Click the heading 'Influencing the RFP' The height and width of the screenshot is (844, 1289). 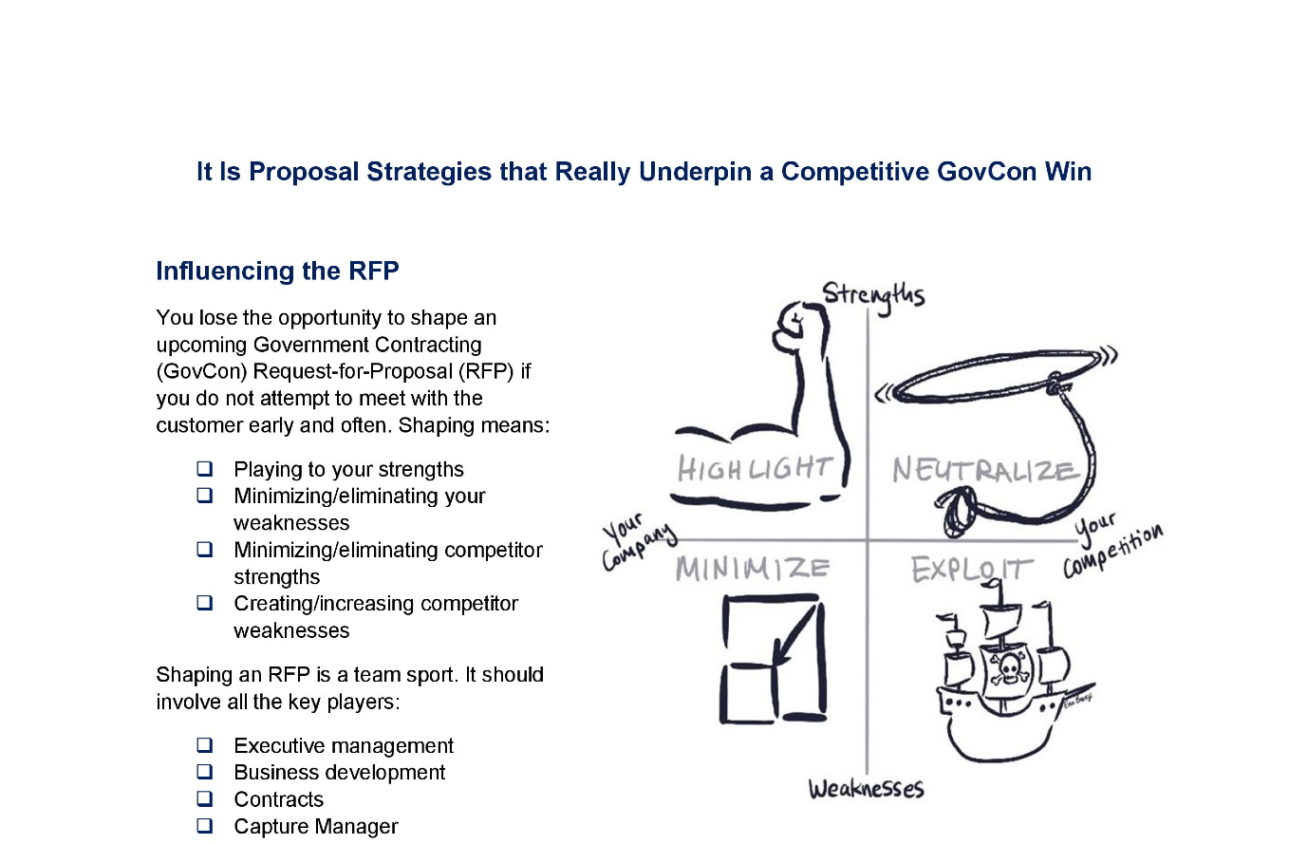pos(277,272)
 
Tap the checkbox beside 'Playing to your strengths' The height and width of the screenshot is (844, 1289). pos(205,469)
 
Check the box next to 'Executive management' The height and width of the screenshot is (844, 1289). pos(205,745)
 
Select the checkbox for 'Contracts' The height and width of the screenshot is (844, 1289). pos(205,798)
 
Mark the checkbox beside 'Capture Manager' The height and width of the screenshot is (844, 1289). pos(205,826)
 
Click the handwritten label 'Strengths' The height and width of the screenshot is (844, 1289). pos(873,296)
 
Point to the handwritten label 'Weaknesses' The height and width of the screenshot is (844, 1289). pos(866,789)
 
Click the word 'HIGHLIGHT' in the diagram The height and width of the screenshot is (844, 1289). pos(755,468)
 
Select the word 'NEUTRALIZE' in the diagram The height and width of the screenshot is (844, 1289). pos(982,470)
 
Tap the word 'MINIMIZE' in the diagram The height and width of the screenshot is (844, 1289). pos(753,570)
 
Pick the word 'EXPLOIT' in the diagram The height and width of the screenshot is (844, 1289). pos(971,570)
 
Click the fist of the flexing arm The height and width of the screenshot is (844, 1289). pos(789,326)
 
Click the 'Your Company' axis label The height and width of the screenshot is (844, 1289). pos(638,542)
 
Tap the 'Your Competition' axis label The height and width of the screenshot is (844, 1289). pos(1112,545)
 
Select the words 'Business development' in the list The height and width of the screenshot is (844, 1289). pos(340,772)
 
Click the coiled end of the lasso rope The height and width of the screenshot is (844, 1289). pos(957,511)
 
